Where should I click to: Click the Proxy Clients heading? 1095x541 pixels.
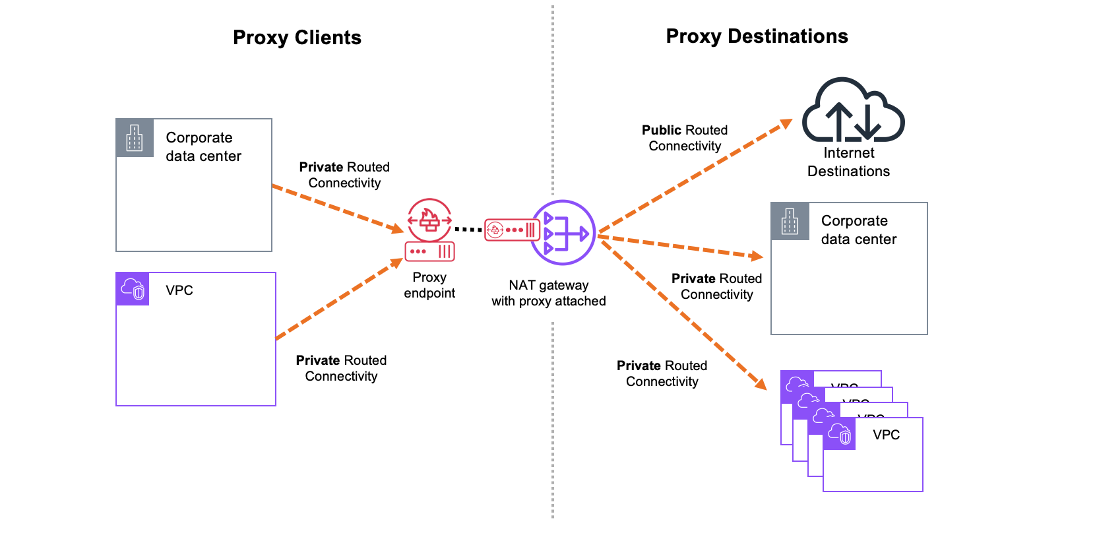[297, 38]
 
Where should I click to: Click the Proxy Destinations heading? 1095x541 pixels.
[757, 36]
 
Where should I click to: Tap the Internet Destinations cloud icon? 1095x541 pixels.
[853, 110]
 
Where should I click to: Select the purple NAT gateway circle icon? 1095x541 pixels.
[563, 233]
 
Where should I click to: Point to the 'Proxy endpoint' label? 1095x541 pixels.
[429, 285]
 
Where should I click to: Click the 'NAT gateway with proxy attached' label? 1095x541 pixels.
[548, 293]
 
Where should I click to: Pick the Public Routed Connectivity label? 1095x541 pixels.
[685, 138]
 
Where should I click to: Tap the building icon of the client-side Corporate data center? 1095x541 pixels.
[135, 138]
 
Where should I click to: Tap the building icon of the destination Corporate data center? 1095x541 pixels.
[790, 221]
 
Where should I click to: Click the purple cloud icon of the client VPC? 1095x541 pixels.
[133, 289]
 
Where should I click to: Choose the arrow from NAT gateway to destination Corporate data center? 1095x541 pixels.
[679, 247]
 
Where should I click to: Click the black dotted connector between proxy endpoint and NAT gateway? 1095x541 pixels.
[468, 230]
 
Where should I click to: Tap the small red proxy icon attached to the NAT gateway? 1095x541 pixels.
[513, 230]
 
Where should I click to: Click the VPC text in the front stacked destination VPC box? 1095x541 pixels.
[886, 435]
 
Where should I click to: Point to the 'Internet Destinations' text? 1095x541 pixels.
[848, 162]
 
